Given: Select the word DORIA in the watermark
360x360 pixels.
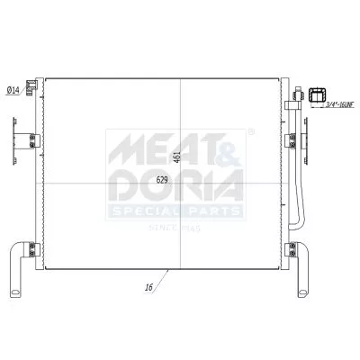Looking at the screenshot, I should point(175,186).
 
